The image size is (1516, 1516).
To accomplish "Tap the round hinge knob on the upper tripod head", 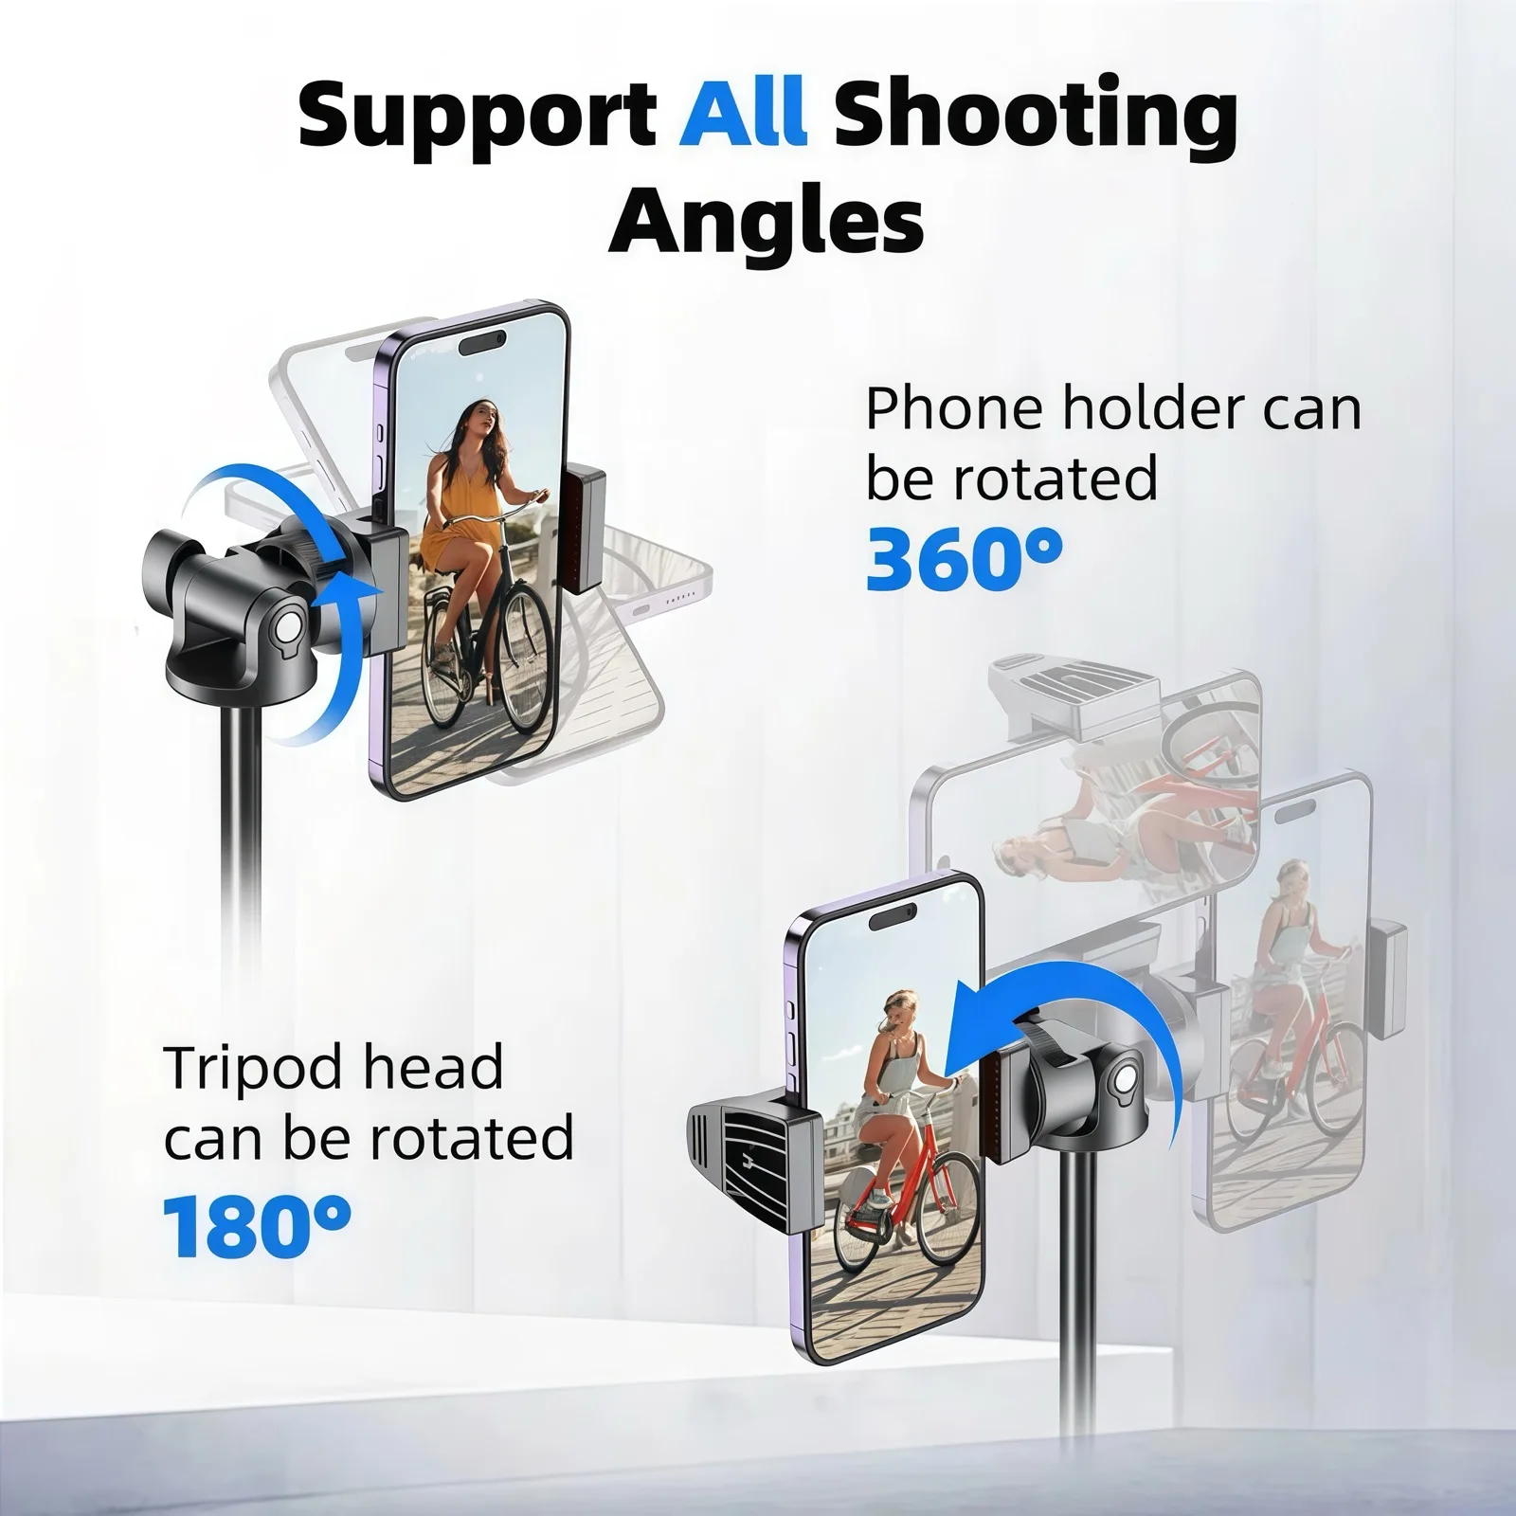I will pyautogui.click(x=284, y=627).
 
